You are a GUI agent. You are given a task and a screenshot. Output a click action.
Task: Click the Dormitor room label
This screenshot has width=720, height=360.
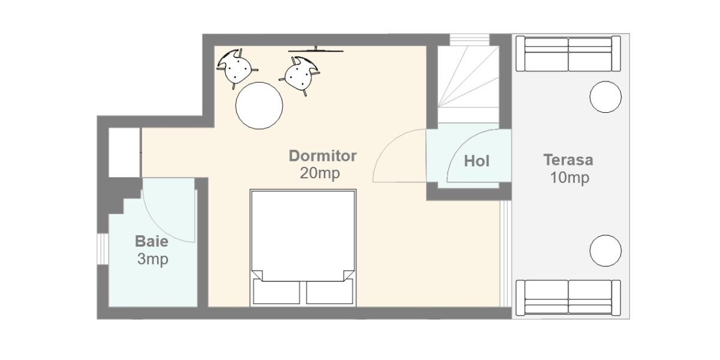point(323,156)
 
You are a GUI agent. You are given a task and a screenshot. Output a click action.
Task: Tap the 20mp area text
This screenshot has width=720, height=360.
point(320,173)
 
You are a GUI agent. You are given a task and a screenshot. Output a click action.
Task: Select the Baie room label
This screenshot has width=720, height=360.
point(151,241)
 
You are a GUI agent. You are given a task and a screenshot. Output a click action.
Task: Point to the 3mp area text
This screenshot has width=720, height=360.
point(152,259)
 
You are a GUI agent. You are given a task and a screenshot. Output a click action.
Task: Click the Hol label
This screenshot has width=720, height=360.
point(476,161)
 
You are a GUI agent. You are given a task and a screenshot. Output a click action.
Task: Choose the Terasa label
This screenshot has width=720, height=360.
point(568,160)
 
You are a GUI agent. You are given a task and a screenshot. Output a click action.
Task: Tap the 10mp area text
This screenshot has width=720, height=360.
point(569,178)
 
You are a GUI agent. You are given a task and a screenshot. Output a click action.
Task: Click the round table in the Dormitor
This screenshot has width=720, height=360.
point(259,106)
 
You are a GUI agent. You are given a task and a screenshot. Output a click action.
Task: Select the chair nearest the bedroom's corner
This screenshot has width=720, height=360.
point(237,68)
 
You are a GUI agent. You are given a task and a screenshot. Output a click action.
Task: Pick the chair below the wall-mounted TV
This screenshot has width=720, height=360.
point(300,76)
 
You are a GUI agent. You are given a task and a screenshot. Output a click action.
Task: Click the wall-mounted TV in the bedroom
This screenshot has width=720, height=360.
point(316,50)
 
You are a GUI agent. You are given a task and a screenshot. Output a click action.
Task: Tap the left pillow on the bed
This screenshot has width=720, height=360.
point(277,291)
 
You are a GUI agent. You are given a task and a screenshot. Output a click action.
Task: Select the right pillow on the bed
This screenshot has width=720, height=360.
point(329,291)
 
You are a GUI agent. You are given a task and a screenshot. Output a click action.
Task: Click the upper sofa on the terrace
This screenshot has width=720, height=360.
point(568,53)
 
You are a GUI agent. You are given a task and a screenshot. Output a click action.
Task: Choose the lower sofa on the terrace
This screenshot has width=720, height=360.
point(568,298)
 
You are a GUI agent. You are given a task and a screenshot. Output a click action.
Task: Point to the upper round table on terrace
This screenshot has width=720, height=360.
point(605,97)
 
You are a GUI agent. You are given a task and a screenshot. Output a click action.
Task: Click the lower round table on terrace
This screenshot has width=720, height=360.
point(605,251)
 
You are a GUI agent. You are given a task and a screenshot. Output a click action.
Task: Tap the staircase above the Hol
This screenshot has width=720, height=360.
point(469,84)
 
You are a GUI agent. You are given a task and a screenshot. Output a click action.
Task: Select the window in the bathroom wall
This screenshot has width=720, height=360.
point(103,249)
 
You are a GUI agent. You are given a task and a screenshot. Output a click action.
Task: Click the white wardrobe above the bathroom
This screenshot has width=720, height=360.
point(124,152)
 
